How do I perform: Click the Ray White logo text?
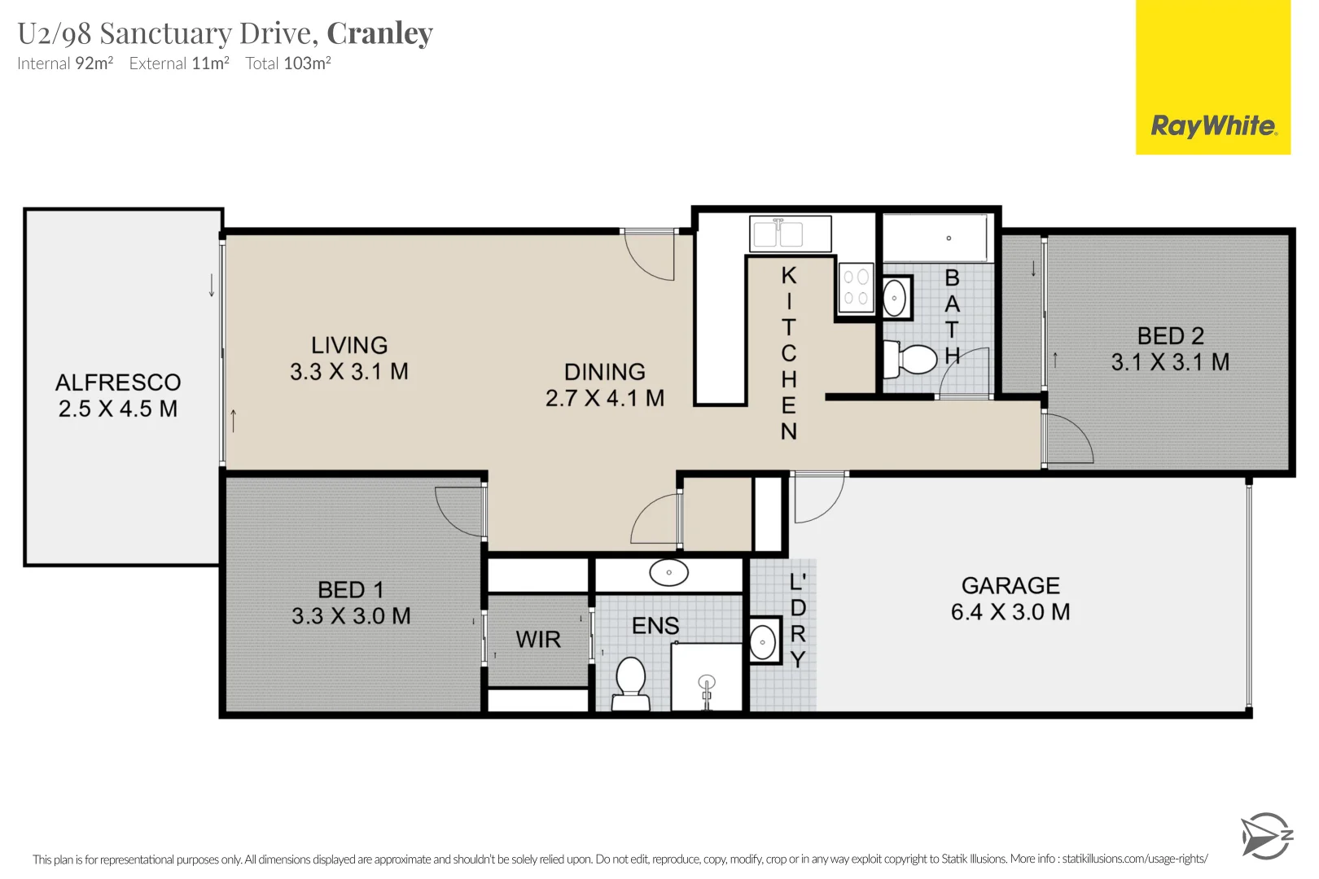pos(1212,126)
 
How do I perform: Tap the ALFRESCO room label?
pos(118,383)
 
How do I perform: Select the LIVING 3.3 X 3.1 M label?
pos(349,358)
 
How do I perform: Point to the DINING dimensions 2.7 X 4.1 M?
pos(605,398)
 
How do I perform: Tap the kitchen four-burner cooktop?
pos(856,287)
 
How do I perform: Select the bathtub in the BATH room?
pos(936,238)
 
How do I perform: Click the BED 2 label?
pos(1170,336)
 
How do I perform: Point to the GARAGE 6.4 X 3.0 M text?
pos(1010,599)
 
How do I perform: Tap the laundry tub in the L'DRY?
pos(763,642)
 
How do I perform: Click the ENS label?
pos(655,626)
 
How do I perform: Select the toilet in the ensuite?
pos(630,684)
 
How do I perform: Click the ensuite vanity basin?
pos(668,573)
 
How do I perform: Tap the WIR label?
pos(538,640)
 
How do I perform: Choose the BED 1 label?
pos(351,590)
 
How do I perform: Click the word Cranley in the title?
pos(379,33)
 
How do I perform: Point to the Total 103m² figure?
pos(288,63)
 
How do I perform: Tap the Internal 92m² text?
pos(65,63)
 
